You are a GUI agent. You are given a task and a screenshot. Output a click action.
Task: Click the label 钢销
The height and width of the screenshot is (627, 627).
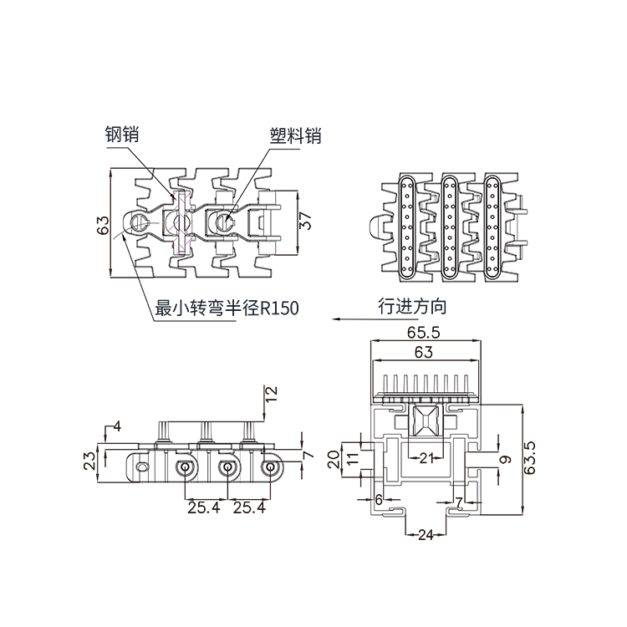coord(121,134)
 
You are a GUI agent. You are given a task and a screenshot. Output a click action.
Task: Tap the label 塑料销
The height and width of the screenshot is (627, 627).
coord(295,135)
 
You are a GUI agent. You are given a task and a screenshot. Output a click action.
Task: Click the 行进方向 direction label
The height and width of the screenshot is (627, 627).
coord(412,306)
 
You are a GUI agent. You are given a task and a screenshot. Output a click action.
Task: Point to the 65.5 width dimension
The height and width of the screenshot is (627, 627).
coord(426,333)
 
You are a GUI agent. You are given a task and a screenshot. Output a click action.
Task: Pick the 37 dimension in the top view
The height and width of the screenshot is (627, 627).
coord(306,221)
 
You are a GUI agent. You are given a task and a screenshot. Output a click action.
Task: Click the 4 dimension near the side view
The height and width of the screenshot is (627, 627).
coord(116,426)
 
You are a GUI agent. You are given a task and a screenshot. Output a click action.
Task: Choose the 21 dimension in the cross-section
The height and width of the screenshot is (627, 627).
coord(426,456)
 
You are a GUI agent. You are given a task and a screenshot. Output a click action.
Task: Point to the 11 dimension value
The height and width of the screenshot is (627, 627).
coord(352,458)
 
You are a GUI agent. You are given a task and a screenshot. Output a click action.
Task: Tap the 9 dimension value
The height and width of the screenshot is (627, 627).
coord(503,458)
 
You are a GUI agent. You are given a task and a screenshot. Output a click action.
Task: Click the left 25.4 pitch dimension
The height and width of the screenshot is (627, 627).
coord(204,507)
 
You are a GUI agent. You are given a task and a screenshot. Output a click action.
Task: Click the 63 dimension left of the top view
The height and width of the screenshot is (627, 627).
coord(104,226)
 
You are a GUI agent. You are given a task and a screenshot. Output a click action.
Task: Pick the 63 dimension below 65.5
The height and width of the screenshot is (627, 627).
coord(423,352)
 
